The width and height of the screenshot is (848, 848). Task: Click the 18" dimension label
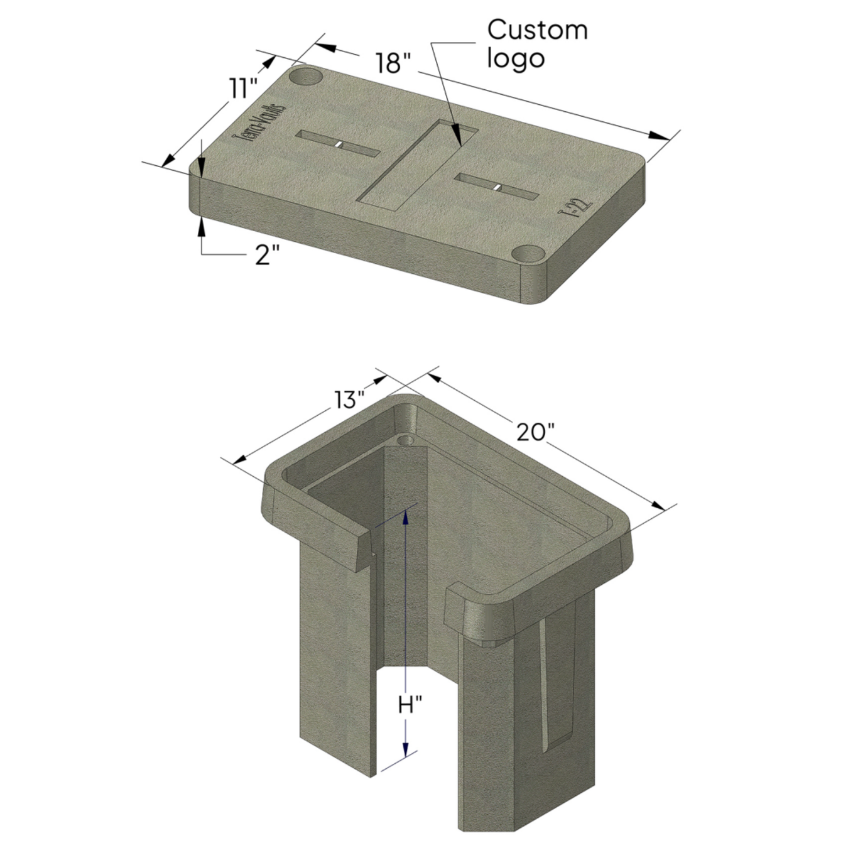click(x=393, y=63)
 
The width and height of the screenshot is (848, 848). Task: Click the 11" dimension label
click(x=243, y=89)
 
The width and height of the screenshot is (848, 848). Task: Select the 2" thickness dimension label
click(x=267, y=255)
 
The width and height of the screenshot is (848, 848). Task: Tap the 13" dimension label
click(x=349, y=400)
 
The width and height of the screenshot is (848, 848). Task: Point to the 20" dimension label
click(x=536, y=432)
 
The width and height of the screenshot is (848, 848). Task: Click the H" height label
click(x=410, y=705)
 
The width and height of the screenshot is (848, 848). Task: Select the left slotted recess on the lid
click(x=338, y=144)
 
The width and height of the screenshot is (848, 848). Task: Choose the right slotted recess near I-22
click(x=496, y=187)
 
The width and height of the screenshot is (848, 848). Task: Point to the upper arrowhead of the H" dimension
click(x=406, y=516)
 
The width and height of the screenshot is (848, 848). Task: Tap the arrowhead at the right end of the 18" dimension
click(x=660, y=136)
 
